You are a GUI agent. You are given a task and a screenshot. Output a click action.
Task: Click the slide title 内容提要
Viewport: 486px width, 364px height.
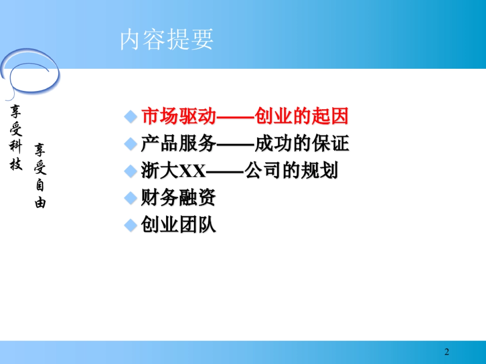pos(166,40)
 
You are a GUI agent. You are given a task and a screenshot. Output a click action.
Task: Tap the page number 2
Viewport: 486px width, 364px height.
pos(447,351)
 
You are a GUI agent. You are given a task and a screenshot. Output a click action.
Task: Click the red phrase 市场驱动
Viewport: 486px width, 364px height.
pos(178,117)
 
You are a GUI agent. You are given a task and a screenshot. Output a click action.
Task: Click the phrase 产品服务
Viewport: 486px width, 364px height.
pos(178,144)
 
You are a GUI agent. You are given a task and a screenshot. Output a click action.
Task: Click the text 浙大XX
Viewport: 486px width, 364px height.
pos(173,171)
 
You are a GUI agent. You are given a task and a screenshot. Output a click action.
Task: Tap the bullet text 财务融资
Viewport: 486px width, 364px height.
pos(178,198)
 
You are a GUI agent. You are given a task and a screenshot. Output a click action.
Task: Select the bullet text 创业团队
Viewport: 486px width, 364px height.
pos(178,225)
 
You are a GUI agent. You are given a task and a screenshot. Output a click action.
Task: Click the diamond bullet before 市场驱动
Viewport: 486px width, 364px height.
pos(130,117)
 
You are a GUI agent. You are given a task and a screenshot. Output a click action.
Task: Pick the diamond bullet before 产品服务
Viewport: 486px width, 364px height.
pos(130,144)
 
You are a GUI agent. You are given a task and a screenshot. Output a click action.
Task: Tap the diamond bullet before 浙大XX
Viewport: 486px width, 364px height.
pos(130,171)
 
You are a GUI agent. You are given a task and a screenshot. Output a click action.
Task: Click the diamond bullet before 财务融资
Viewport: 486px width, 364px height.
pos(130,199)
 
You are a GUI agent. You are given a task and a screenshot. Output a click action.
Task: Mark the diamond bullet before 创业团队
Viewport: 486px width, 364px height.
pos(130,225)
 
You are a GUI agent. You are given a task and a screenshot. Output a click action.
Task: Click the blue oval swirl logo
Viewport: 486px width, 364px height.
pos(30,75)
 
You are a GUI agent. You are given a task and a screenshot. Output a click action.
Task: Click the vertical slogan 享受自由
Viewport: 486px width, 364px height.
pos(40,176)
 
